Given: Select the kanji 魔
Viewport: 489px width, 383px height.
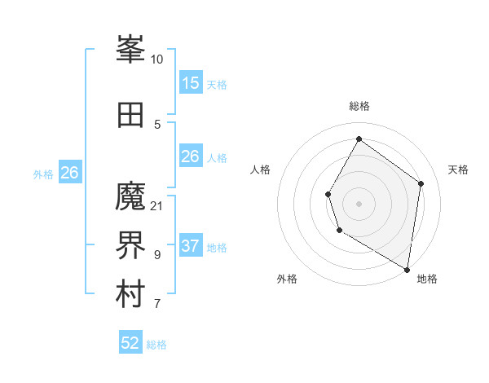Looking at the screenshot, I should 130,196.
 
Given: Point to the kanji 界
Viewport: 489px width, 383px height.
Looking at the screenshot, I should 130,246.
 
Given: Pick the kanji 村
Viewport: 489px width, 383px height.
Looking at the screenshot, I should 130,296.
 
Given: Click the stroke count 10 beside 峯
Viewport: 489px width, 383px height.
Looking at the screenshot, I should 157,59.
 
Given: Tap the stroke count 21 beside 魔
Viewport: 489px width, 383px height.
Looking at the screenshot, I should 157,205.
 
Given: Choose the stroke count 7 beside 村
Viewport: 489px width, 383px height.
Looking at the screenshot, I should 157,305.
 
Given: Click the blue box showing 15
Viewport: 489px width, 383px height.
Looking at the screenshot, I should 191,83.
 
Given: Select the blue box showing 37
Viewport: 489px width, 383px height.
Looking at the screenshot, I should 191,246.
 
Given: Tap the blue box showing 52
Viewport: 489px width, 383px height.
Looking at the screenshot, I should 130,343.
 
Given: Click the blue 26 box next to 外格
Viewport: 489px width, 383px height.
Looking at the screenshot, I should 70,173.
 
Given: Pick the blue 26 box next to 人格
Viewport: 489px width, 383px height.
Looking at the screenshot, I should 191,156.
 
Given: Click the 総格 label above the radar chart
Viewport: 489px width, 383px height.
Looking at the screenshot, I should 359,106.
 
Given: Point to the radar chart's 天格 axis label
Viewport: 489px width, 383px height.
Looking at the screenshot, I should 458,169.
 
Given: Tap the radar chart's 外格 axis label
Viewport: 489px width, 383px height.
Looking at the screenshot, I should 287,279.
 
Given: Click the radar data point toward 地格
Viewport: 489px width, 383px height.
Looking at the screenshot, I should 407,270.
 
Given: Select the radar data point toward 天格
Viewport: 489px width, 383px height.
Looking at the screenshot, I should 421,183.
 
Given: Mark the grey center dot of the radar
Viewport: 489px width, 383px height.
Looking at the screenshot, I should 359,203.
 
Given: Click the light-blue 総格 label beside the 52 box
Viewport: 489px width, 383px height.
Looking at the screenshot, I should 156,345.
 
